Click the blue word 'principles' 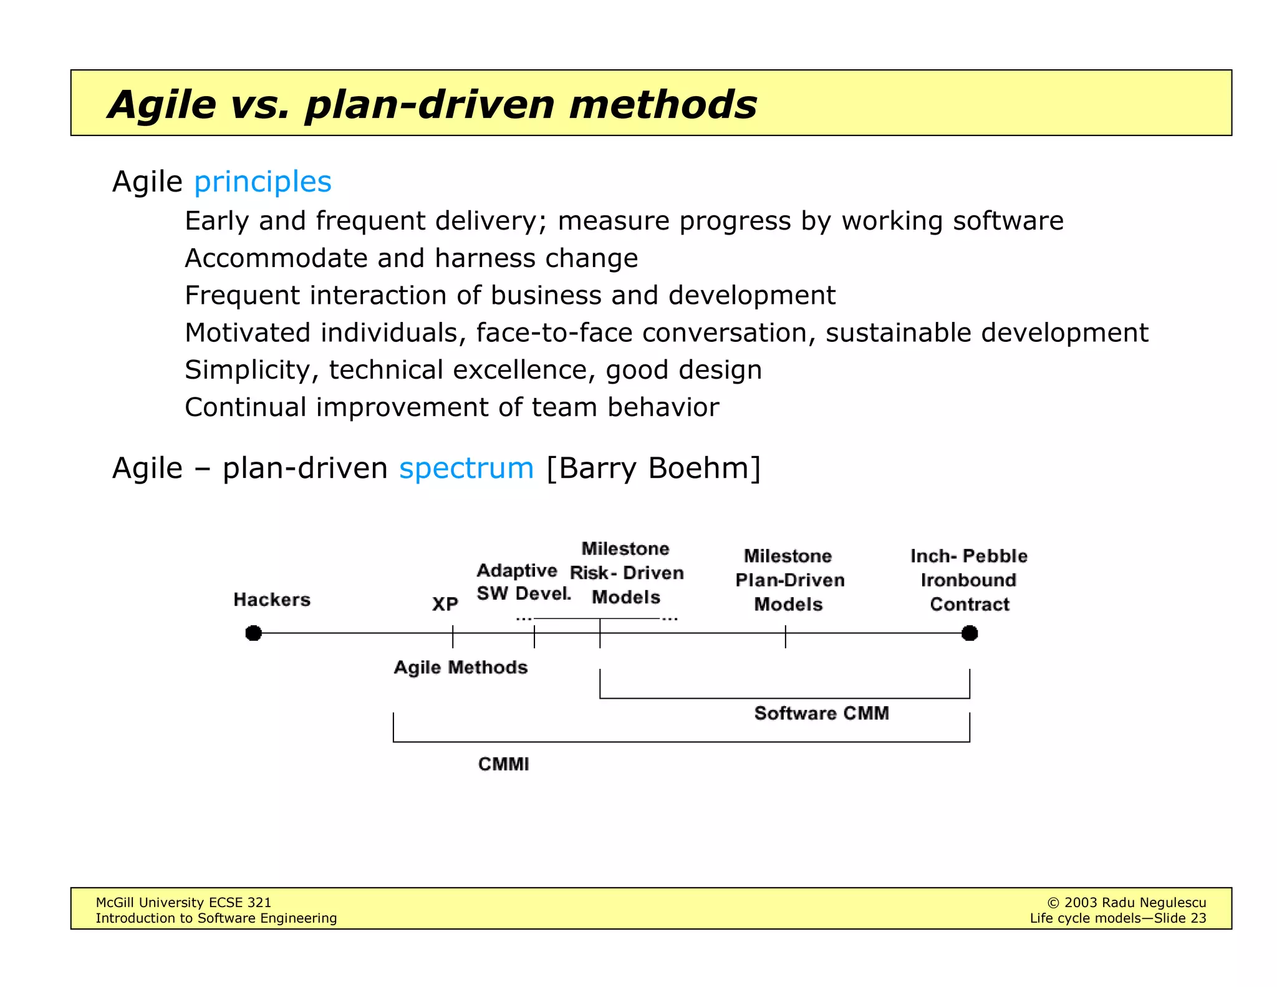[x=263, y=182]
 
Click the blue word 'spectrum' [x=466, y=468]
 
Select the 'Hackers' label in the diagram [x=272, y=600]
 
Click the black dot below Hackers [x=253, y=633]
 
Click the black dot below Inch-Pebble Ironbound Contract [x=970, y=633]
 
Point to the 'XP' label [x=445, y=604]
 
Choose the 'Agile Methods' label [x=461, y=668]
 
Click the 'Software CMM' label [x=821, y=713]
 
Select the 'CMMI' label [x=503, y=764]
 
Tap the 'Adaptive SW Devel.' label [x=523, y=582]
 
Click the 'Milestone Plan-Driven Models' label [x=789, y=580]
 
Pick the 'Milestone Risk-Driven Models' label [x=626, y=573]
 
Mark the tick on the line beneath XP [x=453, y=636]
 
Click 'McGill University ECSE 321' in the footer [x=183, y=903]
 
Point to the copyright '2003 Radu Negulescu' [x=1134, y=903]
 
